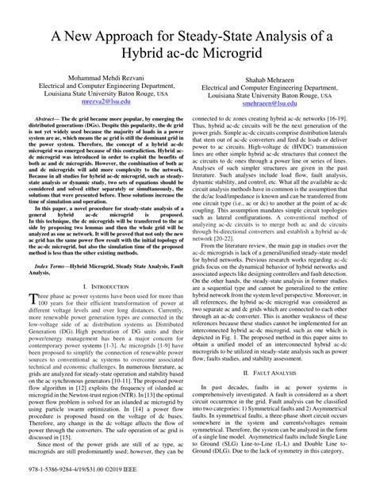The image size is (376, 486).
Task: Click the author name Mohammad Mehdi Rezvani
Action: tap(105, 76)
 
